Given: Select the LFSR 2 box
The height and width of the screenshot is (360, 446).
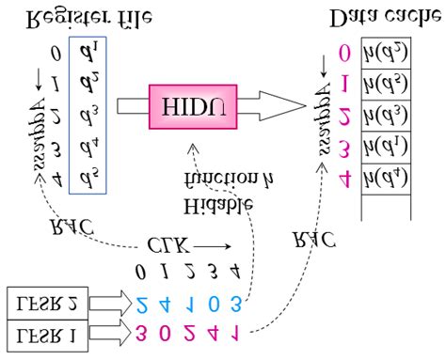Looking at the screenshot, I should point(46,303).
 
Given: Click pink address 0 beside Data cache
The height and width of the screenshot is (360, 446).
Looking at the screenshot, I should point(345,55).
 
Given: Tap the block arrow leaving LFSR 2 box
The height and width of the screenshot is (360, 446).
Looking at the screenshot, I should point(110,304).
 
